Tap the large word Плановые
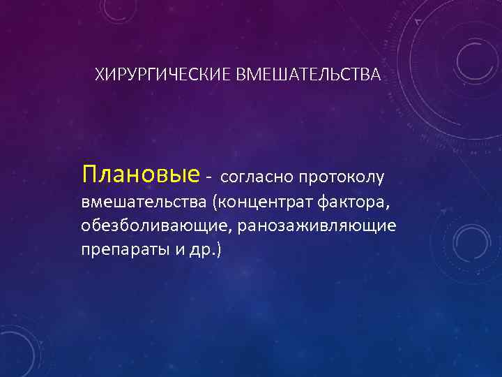[140, 173]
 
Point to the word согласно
[257, 178]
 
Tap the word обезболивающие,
[158, 226]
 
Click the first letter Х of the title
[99, 75]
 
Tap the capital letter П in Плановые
[90, 173]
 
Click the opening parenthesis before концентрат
[217, 203]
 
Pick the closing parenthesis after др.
[219, 249]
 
